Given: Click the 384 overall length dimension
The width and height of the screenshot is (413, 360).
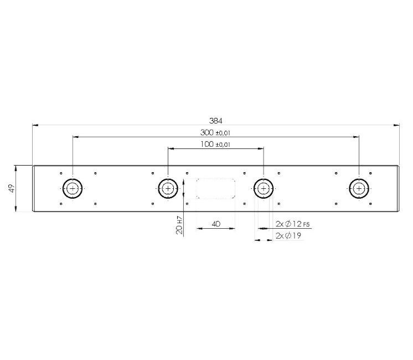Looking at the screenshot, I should point(215,120).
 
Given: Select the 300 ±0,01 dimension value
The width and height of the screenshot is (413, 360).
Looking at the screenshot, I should point(215,132).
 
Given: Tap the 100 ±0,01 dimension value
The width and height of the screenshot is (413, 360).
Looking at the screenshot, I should point(215,144).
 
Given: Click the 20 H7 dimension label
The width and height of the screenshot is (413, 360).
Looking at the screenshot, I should point(180,226).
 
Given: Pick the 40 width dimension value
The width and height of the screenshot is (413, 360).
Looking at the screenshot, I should point(216,224).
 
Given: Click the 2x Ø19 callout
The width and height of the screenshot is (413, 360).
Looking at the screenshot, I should point(288,236).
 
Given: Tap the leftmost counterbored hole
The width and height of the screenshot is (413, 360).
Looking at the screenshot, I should point(73,189).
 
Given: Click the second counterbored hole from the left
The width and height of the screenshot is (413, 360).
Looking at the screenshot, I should point(168,189).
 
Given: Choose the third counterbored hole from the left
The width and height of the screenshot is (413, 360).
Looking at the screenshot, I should point(264,189).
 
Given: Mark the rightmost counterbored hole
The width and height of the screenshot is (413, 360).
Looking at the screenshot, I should point(359,189).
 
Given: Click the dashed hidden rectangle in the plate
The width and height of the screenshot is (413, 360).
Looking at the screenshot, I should point(216,188).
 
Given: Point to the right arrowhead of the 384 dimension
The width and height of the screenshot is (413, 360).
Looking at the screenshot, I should point(397,126).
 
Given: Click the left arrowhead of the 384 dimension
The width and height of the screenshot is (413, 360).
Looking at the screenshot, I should point(35,126).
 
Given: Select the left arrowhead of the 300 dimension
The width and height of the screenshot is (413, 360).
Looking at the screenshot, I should point(76,137).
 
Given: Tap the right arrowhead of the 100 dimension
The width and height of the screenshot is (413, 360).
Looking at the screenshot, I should point(261,148).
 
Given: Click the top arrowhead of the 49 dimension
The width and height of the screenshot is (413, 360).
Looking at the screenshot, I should point(16,167).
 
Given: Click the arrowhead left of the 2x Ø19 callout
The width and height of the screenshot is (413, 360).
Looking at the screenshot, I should point(256,240).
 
